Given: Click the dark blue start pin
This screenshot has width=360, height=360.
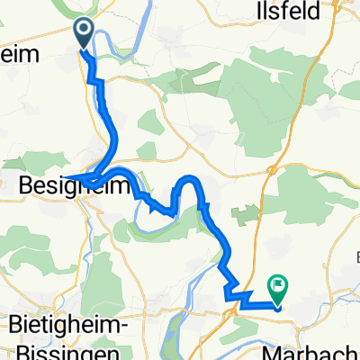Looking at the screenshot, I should [x=83, y=34].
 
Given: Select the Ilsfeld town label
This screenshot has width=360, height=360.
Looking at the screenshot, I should [x=308, y=13].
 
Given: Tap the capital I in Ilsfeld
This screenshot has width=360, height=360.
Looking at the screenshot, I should [x=283, y=13].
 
